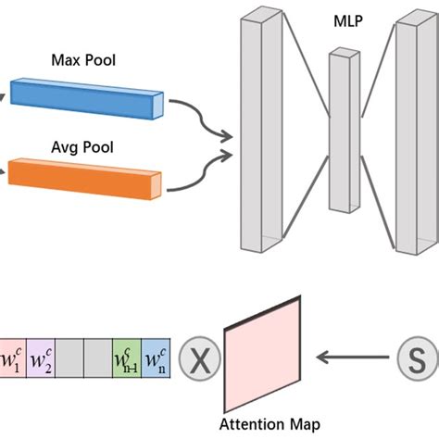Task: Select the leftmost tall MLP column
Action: click(x=258, y=130)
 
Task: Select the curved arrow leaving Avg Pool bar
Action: click(x=199, y=167)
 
